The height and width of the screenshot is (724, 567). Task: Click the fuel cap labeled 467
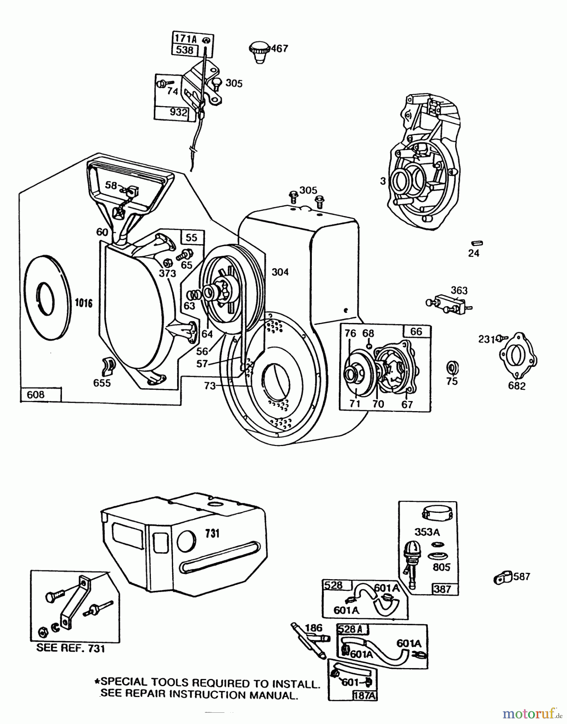pos(258,51)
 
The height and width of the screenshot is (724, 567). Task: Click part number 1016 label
pos(84,303)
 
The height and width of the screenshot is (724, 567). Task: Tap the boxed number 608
pos(36,395)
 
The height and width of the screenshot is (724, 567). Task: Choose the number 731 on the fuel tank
pos(212,533)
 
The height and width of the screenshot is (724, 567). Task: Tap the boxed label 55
pos(192,237)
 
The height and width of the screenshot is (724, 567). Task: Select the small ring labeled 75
pos(452,368)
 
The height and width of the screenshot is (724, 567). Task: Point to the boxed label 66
pos(416,331)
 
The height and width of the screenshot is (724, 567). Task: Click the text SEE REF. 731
pos(70,648)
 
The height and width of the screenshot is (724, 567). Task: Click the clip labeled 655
pos(108,364)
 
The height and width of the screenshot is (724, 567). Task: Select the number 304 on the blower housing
pos(280,272)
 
